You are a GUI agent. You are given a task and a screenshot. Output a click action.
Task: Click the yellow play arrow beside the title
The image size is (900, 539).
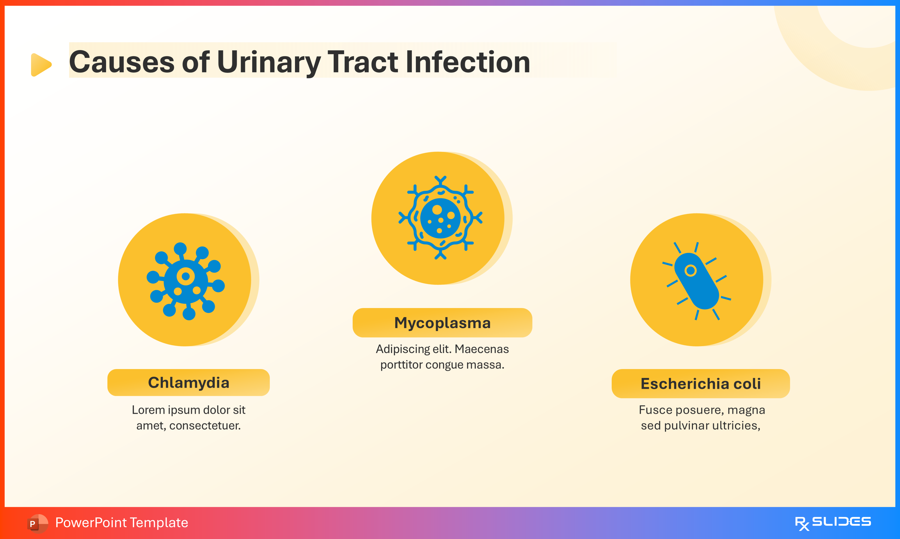(41, 65)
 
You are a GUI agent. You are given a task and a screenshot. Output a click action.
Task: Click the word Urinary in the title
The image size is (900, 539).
(268, 63)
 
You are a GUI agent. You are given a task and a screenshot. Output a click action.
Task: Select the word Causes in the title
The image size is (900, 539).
(121, 63)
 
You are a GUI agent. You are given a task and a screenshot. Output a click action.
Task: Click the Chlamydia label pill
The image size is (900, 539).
(188, 382)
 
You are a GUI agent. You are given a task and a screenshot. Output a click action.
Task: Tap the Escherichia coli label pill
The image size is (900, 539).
(700, 384)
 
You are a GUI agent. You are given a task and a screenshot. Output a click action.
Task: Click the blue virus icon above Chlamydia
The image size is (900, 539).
(186, 281)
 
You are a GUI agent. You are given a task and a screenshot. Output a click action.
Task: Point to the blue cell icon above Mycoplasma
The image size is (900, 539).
(440, 218)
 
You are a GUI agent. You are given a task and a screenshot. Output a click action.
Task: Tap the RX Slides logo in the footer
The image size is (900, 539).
(833, 523)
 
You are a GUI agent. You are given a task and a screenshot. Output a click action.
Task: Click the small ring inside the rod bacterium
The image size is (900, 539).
(690, 271)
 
